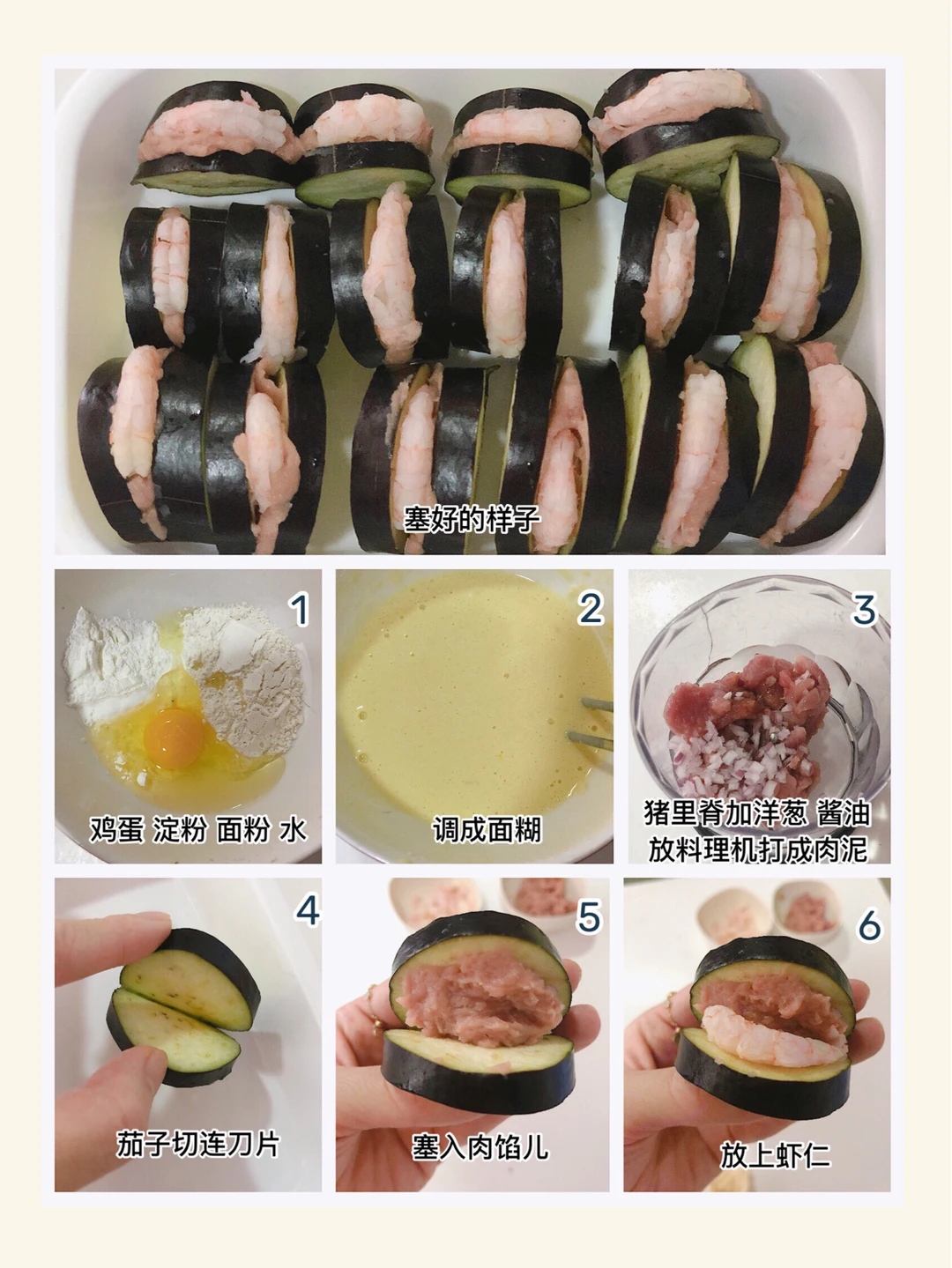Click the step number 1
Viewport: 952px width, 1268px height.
[x=299, y=610]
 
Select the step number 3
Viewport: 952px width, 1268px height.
[x=864, y=610]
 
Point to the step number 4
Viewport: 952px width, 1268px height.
[x=307, y=912]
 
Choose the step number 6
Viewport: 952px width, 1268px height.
[x=870, y=925]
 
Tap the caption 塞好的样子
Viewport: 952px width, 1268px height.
[x=472, y=518]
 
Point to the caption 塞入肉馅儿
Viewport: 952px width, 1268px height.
[x=480, y=1146]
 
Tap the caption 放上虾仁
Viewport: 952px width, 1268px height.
[x=775, y=1155]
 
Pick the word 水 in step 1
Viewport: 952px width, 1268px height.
[x=293, y=830]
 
